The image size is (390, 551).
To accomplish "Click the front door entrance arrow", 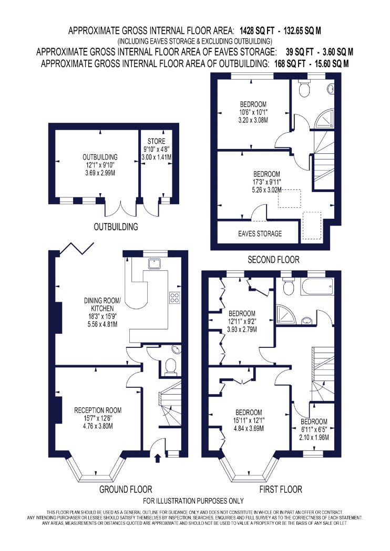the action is click(x=158, y=457).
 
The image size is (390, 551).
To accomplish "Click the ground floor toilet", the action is click(x=171, y=366).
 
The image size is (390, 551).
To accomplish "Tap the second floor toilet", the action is click(x=304, y=88).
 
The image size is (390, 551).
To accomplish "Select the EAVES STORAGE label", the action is click(x=260, y=234).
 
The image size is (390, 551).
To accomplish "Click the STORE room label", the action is click(x=156, y=141).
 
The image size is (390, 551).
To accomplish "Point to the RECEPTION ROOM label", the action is click(x=98, y=410).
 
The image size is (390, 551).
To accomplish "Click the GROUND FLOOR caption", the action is click(x=126, y=489).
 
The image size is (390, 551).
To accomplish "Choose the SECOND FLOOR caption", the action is click(x=273, y=260).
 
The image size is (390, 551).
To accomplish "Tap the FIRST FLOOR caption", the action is click(x=281, y=489).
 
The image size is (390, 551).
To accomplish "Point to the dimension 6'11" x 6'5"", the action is click(x=314, y=429).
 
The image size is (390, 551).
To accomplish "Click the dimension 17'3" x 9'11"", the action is click(x=267, y=182).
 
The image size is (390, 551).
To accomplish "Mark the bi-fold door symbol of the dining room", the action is click(x=77, y=248).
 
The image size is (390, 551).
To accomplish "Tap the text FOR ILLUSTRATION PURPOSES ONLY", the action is click(x=193, y=501).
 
